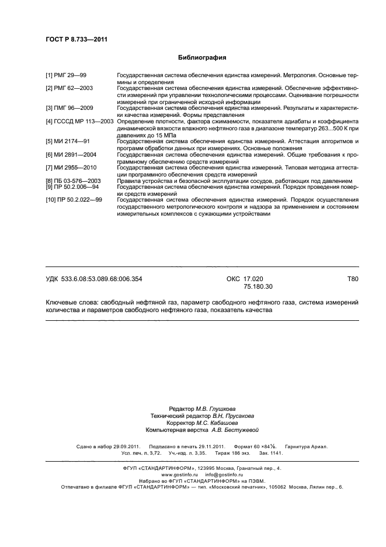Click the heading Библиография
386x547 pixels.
click(201, 58)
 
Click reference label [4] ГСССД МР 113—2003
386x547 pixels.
click(80, 121)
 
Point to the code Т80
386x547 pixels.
click(352, 279)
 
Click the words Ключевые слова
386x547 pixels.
click(71, 302)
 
